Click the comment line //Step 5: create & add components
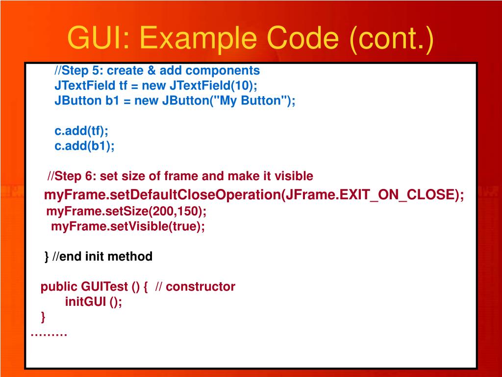pyautogui.click(x=157, y=71)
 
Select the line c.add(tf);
pyautogui.click(x=81, y=131)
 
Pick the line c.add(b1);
pyautogui.click(x=84, y=146)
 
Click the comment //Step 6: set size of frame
pyautogui.click(x=180, y=176)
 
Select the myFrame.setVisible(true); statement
pyautogui.click(x=128, y=226)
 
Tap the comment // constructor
pyautogui.click(x=195, y=287)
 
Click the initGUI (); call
pyautogui.click(x=93, y=302)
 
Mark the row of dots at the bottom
pyautogui.click(x=49, y=334)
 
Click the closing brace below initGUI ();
pyautogui.click(x=43, y=317)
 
